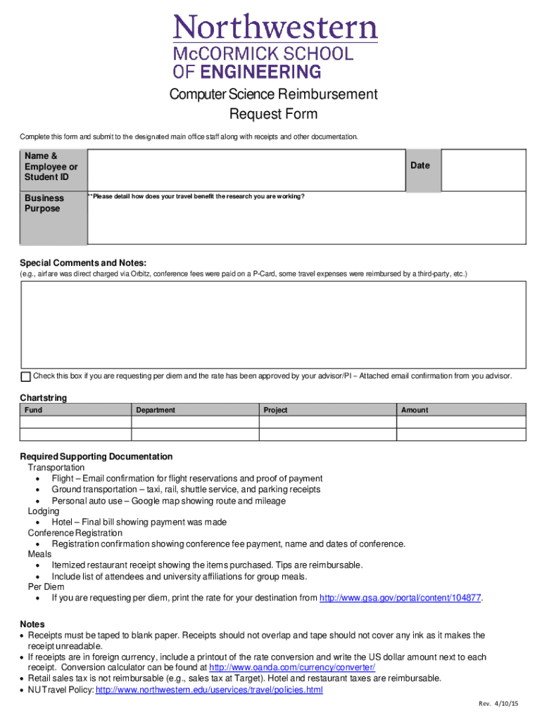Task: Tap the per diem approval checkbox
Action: point(26,376)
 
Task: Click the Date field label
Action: point(420,165)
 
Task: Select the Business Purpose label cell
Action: point(44,203)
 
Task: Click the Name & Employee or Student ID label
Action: point(51,167)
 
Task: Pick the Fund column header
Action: point(33,410)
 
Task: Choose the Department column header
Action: point(156,410)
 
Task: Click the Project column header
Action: point(275,410)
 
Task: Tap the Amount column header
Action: point(415,410)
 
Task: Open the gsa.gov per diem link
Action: point(401,598)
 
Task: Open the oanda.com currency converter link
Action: point(292,667)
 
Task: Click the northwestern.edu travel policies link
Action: point(209,690)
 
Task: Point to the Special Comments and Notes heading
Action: point(83,262)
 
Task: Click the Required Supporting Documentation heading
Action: point(96,456)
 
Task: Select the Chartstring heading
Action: point(44,398)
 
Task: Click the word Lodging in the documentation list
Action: point(44,511)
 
